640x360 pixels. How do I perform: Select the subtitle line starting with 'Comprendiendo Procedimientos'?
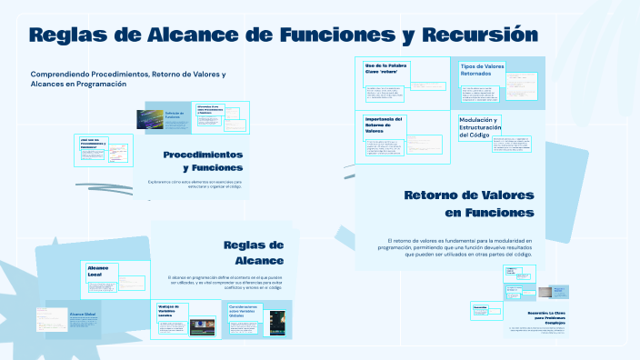coord(127,78)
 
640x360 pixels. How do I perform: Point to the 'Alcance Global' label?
coord(83,314)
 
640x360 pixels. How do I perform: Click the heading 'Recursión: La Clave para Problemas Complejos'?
coord(544,315)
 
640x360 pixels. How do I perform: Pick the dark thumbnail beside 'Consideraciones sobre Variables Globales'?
coord(278,322)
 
